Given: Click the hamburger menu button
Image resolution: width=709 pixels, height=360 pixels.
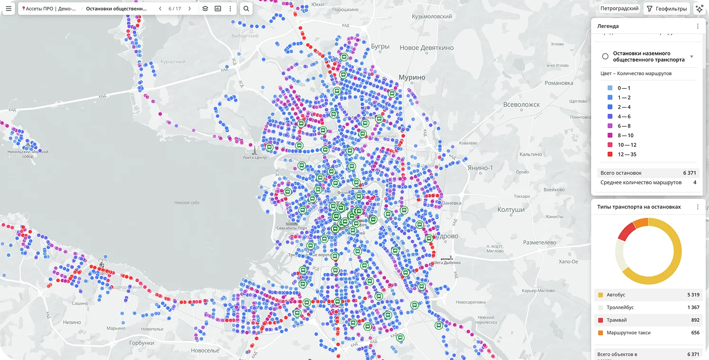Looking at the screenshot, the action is [x=9, y=9].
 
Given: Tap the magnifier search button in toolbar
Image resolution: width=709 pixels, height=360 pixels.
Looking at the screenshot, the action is [x=246, y=9].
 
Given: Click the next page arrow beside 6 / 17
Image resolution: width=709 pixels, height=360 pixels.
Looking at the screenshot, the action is [x=190, y=9].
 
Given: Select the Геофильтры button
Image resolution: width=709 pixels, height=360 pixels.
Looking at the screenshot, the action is [x=667, y=9].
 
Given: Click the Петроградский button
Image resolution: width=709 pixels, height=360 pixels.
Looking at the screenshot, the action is [x=619, y=9].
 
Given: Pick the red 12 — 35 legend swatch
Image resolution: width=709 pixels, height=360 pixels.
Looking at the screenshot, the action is [x=609, y=154].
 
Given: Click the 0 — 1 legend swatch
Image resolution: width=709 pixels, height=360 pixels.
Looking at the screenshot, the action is [x=609, y=88].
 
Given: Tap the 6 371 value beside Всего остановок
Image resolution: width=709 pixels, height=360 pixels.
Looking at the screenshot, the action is [x=690, y=173].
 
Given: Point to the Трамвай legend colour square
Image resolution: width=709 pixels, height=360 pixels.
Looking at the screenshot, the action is [x=600, y=320].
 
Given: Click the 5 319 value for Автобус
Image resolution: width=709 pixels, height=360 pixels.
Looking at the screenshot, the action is [x=693, y=295].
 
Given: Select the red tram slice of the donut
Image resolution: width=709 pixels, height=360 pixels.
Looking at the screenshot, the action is [x=627, y=231].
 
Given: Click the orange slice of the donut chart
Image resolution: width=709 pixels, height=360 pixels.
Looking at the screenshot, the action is [x=641, y=223].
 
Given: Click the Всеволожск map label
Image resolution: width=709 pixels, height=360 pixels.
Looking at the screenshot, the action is [x=521, y=105].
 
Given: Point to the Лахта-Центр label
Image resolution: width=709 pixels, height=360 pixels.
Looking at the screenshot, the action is [x=255, y=158].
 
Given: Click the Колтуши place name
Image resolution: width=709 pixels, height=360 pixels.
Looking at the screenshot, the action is [x=511, y=210].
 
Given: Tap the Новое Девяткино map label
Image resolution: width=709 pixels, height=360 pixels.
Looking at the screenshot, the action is [x=427, y=48].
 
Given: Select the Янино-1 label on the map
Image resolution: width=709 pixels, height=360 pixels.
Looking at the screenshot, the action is [x=480, y=168].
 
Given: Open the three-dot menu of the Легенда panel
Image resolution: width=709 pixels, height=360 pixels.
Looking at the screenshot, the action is [x=698, y=27].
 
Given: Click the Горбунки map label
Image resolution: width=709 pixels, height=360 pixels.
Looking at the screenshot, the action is [x=142, y=343].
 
